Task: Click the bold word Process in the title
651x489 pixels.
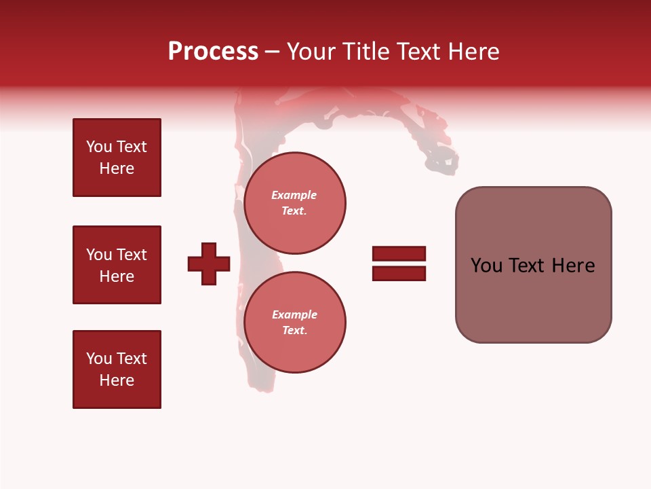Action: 213,52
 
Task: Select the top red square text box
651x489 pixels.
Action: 117,158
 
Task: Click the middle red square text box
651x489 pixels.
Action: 117,265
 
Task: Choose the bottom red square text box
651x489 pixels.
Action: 117,369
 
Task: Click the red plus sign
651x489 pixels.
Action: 209,264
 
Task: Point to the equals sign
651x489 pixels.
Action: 399,264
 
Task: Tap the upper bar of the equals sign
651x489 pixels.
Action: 399,254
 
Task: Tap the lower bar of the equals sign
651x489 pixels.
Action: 399,273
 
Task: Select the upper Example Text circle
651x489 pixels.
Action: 294,202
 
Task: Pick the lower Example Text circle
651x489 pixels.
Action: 294,322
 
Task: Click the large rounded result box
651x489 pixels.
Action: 533,265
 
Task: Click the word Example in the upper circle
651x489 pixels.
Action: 294,195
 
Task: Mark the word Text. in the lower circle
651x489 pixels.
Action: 294,330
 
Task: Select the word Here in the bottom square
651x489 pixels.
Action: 117,380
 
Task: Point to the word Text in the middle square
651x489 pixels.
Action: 132,255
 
